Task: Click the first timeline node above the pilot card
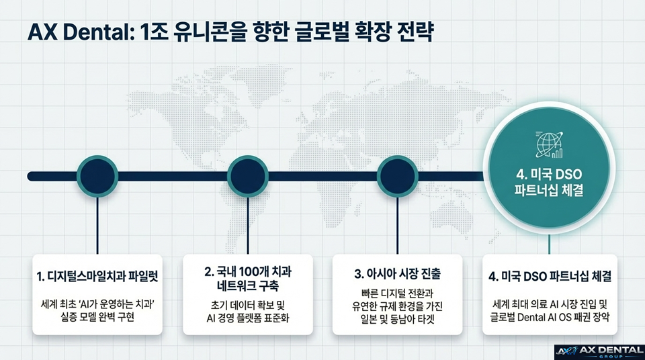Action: click(98, 176)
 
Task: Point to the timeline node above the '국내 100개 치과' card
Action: click(248, 176)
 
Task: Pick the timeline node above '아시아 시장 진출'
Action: click(398, 176)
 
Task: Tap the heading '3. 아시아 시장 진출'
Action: click(398, 275)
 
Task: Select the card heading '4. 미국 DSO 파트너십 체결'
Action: click(548, 276)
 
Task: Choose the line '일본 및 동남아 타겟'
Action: click(398, 318)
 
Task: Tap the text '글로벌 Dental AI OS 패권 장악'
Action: click(548, 316)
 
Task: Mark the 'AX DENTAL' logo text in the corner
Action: click(609, 349)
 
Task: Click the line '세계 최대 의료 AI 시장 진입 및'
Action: click(548, 303)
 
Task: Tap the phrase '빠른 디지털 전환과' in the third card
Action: click(398, 293)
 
